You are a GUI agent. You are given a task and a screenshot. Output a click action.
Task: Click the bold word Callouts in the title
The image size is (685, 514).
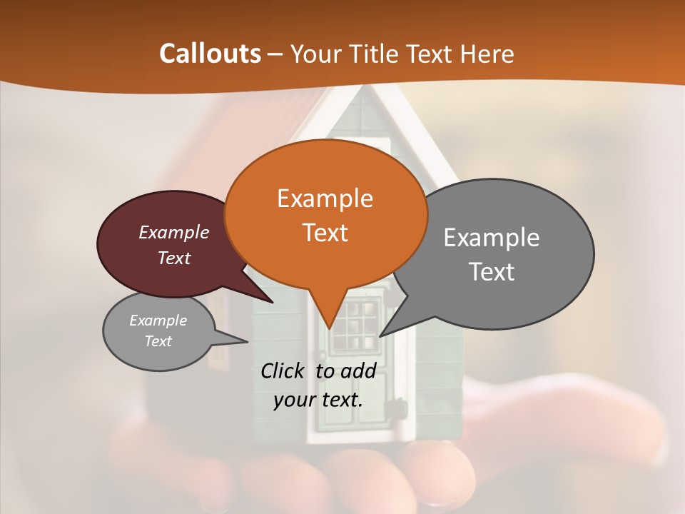click(210, 54)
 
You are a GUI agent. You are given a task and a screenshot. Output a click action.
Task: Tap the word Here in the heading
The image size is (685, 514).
click(487, 54)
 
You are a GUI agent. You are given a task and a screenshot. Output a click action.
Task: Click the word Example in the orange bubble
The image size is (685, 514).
click(325, 198)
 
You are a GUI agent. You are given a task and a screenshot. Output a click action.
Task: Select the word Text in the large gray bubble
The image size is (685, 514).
click(491, 272)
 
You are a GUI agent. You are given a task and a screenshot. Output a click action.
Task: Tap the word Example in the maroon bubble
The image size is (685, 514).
click(173, 232)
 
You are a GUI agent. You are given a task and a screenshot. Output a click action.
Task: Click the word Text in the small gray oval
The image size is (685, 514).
click(158, 341)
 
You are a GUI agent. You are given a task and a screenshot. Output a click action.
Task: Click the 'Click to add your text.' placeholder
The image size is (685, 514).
click(318, 385)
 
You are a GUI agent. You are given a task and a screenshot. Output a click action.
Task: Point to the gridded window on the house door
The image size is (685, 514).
click(355, 324)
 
